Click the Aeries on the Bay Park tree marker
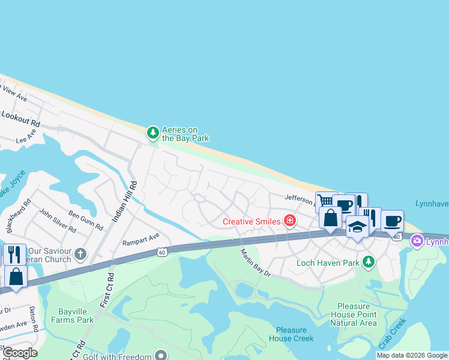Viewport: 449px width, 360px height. (x=153, y=132)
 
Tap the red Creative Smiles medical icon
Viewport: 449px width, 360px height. (x=291, y=221)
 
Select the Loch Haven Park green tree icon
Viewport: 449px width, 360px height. (x=368, y=262)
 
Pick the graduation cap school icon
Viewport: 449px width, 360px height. (x=357, y=226)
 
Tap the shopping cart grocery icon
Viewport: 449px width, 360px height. (x=326, y=202)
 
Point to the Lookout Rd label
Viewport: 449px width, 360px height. (x=20, y=118)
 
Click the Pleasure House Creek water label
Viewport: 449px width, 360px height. (x=295, y=334)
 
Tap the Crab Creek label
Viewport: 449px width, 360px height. (x=393, y=335)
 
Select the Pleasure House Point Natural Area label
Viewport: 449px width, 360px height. (x=353, y=314)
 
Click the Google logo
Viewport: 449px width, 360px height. (x=19, y=353)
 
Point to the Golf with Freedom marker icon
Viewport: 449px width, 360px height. (x=160, y=355)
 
